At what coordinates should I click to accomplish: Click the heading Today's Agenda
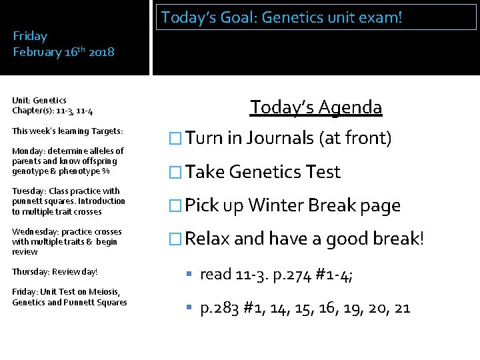(x=316, y=107)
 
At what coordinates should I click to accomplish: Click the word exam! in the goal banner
(x=379, y=17)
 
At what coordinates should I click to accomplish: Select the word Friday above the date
(x=30, y=36)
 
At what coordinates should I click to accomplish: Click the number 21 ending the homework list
(x=401, y=308)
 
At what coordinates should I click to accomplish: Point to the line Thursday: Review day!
(x=55, y=272)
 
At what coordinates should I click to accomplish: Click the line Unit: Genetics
(x=39, y=101)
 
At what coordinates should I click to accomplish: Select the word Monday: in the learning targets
(x=29, y=151)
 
